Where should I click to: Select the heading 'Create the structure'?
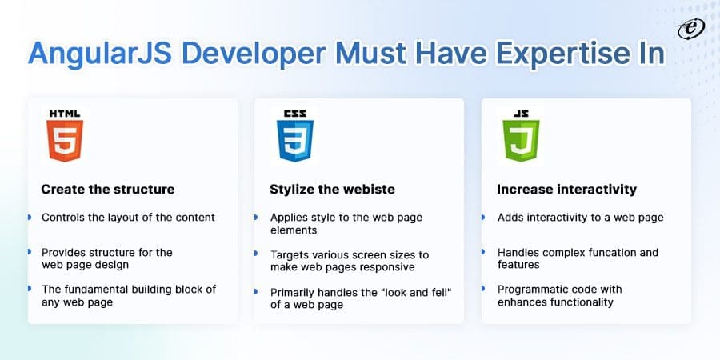108,190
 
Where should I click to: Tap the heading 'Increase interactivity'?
566,190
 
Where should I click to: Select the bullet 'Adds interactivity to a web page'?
580,217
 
